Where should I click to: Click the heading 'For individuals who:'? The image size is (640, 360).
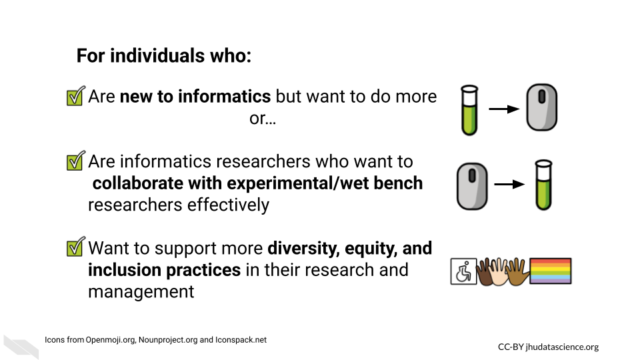pyautogui.click(x=164, y=55)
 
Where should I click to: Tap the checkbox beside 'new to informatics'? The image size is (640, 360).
pyautogui.click(x=76, y=96)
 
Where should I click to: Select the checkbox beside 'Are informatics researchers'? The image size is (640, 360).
pyautogui.click(x=76, y=161)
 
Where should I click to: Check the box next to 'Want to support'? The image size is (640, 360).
pyautogui.click(x=76, y=247)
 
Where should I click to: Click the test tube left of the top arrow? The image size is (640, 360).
pyautogui.click(x=469, y=110)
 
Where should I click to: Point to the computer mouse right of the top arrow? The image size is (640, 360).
pyautogui.click(x=541, y=107)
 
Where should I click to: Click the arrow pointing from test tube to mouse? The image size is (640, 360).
pyautogui.click(x=504, y=109)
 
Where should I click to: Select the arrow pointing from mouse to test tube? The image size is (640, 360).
pyautogui.click(x=509, y=185)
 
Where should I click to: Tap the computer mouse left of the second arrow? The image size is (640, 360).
pyautogui.click(x=472, y=186)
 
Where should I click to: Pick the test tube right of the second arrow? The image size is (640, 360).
pyautogui.click(x=544, y=185)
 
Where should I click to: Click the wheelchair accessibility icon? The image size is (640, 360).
pyautogui.click(x=464, y=271)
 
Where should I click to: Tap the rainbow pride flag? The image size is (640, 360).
pyautogui.click(x=550, y=271)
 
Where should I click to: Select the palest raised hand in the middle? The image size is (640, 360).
pyautogui.click(x=499, y=271)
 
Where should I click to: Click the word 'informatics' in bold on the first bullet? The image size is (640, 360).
pyautogui.click(x=224, y=96)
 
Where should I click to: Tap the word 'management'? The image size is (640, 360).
pyautogui.click(x=141, y=292)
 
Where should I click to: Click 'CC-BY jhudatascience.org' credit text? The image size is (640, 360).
pyautogui.click(x=548, y=347)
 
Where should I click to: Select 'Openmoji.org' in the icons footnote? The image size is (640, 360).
pyautogui.click(x=110, y=340)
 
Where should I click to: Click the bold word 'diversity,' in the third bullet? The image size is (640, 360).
pyautogui.click(x=304, y=248)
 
